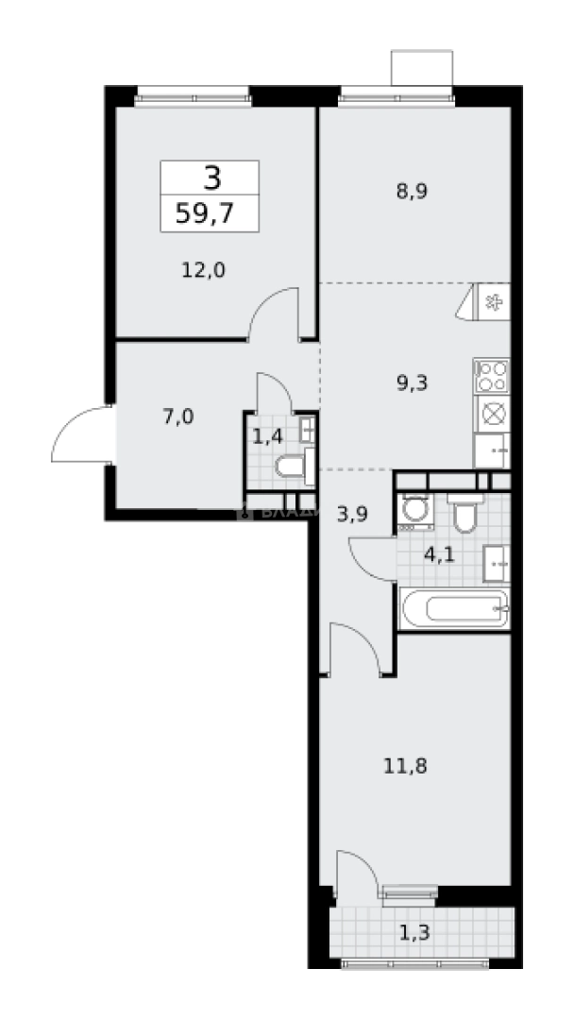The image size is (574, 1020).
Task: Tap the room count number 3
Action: click(210, 177)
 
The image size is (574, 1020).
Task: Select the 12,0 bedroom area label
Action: click(203, 270)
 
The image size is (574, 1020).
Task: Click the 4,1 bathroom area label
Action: click(439, 554)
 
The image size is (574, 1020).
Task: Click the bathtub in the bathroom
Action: click(454, 607)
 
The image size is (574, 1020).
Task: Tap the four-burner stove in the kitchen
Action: click(492, 376)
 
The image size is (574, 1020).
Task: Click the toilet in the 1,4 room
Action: click(295, 466)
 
